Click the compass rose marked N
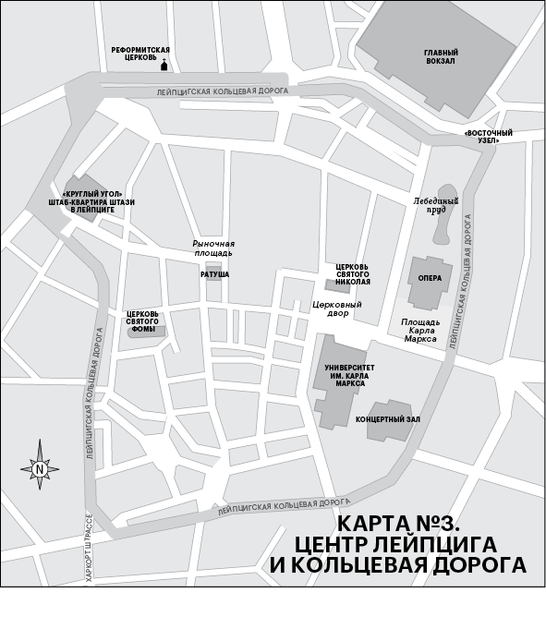click(x=40, y=468)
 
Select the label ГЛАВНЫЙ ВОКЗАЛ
click(x=441, y=57)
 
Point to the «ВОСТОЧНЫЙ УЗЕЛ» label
click(x=489, y=137)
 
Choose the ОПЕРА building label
click(x=429, y=278)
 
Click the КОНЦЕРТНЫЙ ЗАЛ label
click(x=388, y=418)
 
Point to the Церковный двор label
click(x=337, y=308)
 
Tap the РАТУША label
click(x=214, y=275)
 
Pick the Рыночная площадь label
click(x=212, y=248)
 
